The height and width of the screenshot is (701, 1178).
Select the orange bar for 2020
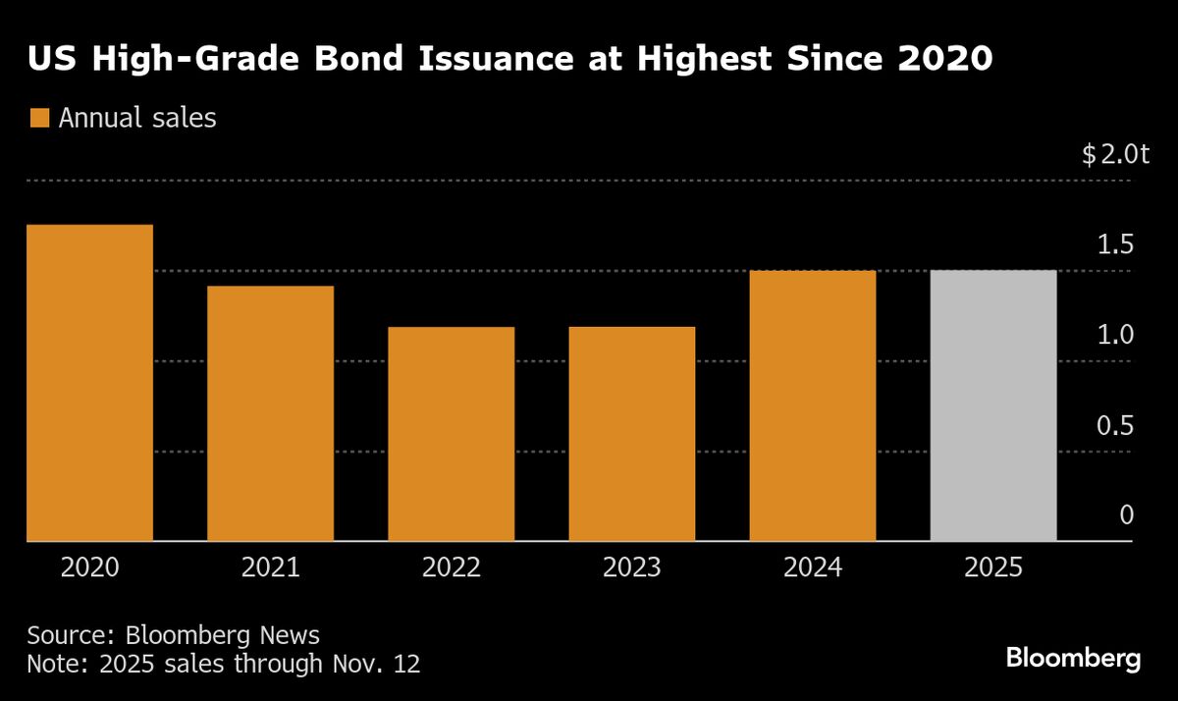coord(90,383)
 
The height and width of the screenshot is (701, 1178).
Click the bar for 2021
coord(271,412)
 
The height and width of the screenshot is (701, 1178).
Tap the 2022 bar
coord(452,433)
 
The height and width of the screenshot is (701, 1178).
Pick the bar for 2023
coord(632,433)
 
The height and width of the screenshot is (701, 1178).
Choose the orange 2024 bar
coord(813,404)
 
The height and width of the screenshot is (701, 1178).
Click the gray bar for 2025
coord(993,404)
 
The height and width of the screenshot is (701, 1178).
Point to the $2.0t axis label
coord(1114,155)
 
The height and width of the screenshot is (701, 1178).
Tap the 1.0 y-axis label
coord(1115,336)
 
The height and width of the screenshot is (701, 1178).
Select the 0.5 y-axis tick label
coord(1115,426)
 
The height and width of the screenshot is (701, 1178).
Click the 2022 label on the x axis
coord(452,568)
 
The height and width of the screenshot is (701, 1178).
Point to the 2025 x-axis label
coord(993,568)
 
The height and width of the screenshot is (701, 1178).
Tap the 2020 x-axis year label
coord(90,568)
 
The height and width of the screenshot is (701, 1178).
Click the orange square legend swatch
coord(39,119)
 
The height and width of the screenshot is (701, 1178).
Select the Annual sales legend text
coord(137,119)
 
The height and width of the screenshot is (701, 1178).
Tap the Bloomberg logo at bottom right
coord(1073,659)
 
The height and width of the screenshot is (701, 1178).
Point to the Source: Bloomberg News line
coord(174,634)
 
